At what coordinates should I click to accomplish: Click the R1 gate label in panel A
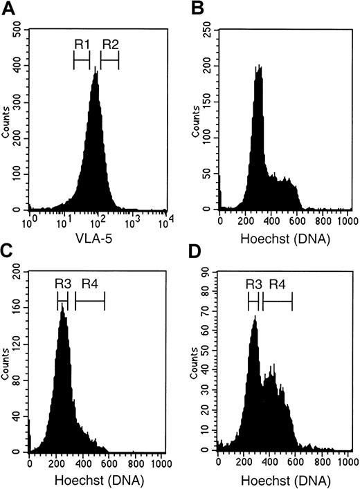82,44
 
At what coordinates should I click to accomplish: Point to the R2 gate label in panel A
110,44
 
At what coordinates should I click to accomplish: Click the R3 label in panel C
62,283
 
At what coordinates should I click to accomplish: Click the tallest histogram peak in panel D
254,318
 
